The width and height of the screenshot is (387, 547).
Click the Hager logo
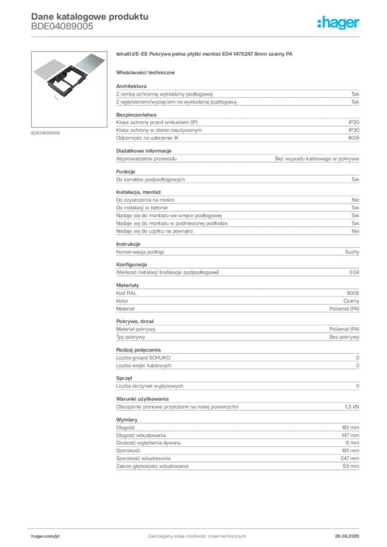(x=338, y=22)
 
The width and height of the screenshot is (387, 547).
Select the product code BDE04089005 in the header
(x=62, y=27)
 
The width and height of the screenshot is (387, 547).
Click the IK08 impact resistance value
(x=353, y=138)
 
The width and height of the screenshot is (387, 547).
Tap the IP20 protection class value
(x=354, y=122)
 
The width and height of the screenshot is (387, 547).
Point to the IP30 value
(x=354, y=130)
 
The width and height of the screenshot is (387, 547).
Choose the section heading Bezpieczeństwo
(x=136, y=115)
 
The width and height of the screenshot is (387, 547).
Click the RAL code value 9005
(x=353, y=293)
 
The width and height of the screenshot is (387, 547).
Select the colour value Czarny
(x=351, y=301)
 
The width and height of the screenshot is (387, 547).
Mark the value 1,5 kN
(x=352, y=407)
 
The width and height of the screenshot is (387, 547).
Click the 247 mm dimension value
(x=350, y=458)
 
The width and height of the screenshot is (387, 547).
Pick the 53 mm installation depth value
(x=351, y=466)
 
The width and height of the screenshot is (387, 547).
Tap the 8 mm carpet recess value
(x=352, y=443)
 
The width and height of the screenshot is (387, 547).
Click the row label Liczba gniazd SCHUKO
(x=143, y=357)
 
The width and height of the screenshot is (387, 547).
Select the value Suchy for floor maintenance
(x=352, y=252)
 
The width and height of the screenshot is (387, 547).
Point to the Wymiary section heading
(x=127, y=420)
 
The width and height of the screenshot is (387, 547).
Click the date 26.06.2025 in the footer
(x=347, y=536)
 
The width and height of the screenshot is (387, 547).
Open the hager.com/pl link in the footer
(x=45, y=536)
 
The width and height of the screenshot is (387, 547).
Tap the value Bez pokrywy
(x=344, y=337)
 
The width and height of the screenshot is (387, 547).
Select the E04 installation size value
(x=354, y=272)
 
